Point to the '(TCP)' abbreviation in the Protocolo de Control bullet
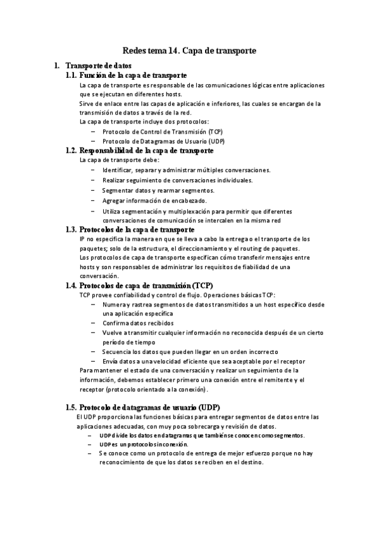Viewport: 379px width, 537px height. click(x=204, y=131)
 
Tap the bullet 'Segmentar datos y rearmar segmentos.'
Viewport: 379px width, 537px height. click(x=158, y=191)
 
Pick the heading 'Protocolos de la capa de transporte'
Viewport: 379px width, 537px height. click(x=137, y=229)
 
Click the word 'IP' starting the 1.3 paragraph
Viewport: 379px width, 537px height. click(x=83, y=239)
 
